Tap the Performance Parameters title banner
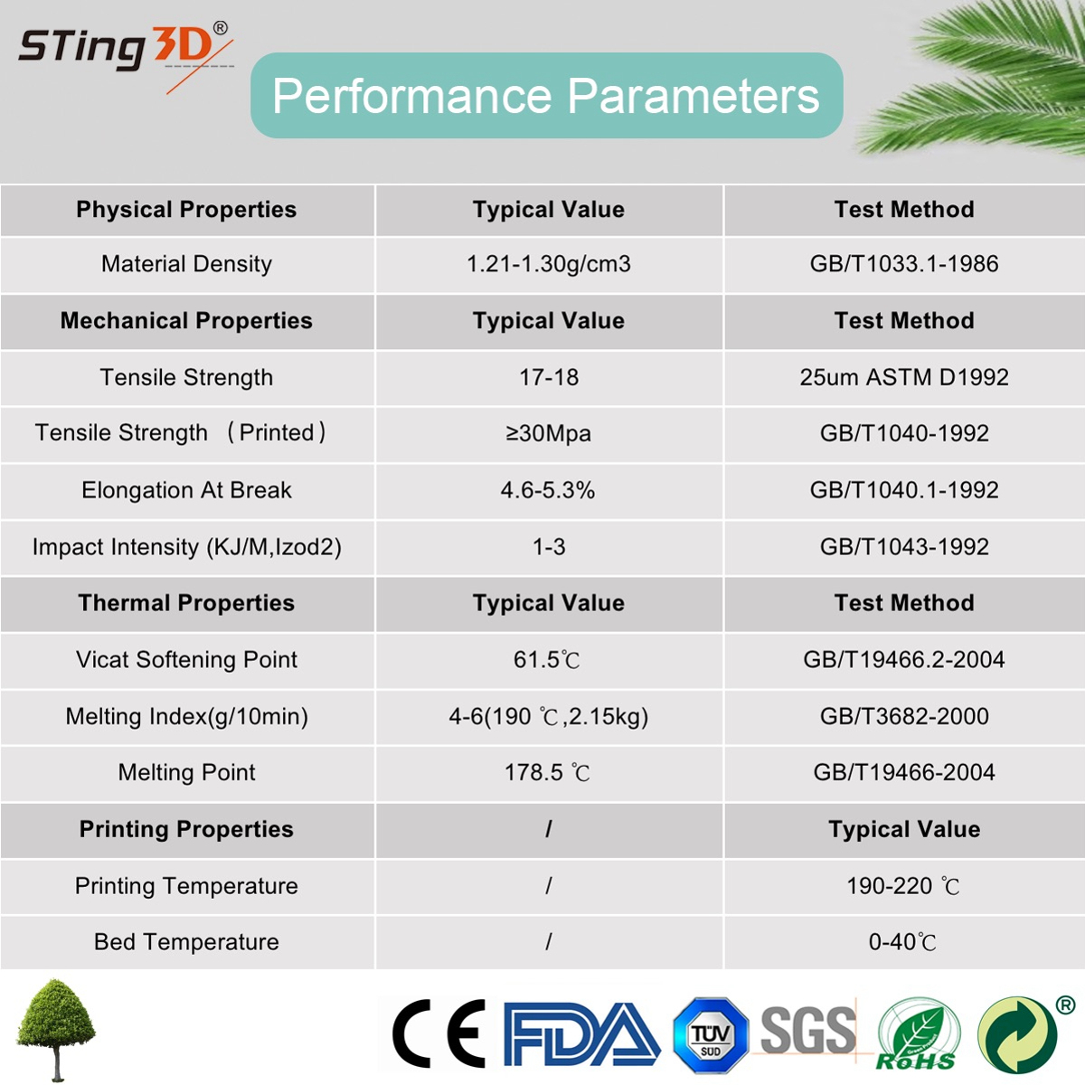tap(546, 95)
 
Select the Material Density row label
tap(186, 264)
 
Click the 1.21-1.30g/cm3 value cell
tap(549, 264)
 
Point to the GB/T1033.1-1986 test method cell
tap(903, 264)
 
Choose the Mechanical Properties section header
tap(186, 321)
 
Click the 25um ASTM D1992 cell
tap(903, 377)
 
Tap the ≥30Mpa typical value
tap(549, 434)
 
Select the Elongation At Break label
tap(186, 490)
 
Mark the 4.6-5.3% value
tap(548, 490)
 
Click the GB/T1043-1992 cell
tap(903, 547)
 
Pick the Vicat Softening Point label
tap(186, 659)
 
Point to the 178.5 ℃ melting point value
tap(547, 772)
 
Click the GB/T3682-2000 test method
tap(903, 716)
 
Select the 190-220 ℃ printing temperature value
tap(903, 886)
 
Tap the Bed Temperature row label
tap(186, 942)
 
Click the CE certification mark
tap(439, 1033)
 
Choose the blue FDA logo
tap(581, 1034)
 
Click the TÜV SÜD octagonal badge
tap(711, 1035)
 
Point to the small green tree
tap(56, 1030)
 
